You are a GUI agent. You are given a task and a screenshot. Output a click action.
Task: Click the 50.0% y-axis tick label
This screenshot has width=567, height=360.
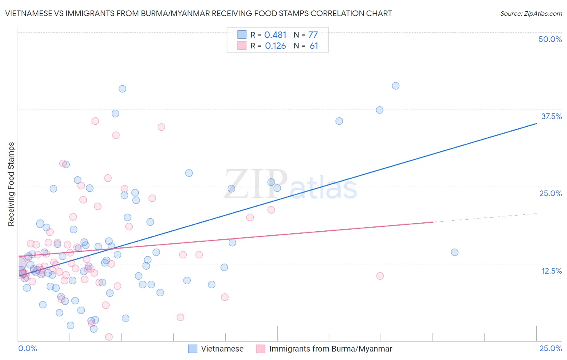point(550,39)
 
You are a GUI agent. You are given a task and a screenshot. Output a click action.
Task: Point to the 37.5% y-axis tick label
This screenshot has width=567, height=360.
point(551,116)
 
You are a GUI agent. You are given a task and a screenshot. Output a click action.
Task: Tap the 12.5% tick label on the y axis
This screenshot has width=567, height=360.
point(551,271)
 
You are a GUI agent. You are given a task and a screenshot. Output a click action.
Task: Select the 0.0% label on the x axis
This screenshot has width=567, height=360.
point(27,349)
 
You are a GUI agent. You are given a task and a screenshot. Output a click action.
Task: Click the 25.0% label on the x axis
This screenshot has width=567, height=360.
point(550,349)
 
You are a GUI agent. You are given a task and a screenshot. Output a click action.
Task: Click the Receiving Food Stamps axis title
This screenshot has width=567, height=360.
point(11,184)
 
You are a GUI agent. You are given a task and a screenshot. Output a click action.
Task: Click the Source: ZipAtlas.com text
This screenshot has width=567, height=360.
point(531,13)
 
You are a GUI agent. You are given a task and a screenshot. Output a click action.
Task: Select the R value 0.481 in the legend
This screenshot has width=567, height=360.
point(275,35)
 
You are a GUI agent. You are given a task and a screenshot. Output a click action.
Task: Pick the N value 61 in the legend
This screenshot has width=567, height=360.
point(314,46)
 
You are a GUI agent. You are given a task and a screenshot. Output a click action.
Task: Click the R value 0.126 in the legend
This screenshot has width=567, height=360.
point(275,46)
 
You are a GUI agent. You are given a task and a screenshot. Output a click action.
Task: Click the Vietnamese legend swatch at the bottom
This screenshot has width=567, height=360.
point(193,349)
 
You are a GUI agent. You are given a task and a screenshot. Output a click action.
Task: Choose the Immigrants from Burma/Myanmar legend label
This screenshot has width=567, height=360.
point(331,349)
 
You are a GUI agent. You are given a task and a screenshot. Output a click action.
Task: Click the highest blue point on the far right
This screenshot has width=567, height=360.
point(396,86)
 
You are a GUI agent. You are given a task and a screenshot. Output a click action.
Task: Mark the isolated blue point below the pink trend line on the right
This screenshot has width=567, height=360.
point(454,252)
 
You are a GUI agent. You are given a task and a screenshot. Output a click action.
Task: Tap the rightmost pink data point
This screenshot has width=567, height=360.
point(380,276)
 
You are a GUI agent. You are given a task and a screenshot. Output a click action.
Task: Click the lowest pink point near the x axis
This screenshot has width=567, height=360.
point(108,337)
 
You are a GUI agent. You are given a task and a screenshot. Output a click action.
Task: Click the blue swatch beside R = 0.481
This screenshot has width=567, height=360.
point(242,35)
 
